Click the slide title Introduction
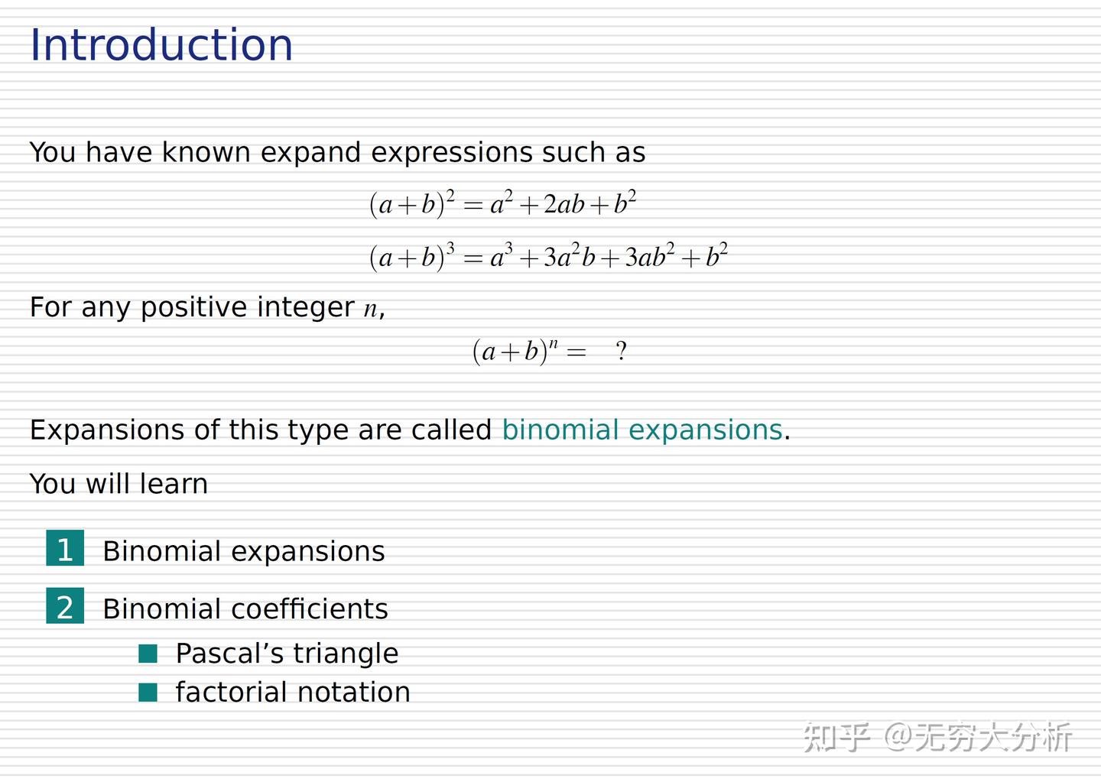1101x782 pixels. coord(161,44)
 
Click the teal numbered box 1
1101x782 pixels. coord(65,548)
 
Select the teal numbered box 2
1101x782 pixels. coord(65,606)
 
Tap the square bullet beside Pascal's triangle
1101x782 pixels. coord(148,654)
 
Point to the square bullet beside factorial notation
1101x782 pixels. coord(148,693)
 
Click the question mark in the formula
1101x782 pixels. coord(621,352)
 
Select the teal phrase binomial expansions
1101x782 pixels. coord(642,430)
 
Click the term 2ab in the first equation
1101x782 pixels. coord(563,205)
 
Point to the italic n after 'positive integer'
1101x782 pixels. coord(370,310)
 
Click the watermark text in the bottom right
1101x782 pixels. coord(937,737)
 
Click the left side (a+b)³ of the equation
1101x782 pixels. coord(412,257)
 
